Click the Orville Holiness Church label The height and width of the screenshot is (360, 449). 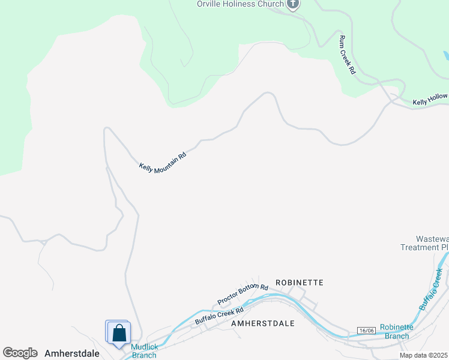(240, 4)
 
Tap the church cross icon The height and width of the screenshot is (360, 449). (293, 5)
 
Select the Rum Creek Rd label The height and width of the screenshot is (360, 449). (347, 55)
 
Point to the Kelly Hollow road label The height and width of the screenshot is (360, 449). (430, 102)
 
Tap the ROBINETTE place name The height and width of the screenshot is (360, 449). (300, 282)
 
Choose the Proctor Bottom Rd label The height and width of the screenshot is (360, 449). (243, 293)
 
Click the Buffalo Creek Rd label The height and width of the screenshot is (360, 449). (219, 316)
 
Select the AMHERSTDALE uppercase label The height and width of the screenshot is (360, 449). (263, 323)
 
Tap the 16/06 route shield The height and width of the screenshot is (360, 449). (366, 331)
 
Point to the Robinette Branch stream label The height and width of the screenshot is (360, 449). (397, 332)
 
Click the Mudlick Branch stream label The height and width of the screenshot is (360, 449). (144, 351)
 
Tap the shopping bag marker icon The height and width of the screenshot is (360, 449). (119, 333)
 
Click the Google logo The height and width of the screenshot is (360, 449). (20, 353)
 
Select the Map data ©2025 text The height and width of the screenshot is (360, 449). (423, 356)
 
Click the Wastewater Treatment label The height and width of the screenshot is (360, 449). (424, 243)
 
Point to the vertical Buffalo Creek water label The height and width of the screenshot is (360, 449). (432, 289)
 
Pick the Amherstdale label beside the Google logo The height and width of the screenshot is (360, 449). (72, 353)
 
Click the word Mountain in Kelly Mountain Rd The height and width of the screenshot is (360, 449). (164, 162)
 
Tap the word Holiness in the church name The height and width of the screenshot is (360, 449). (241, 4)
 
